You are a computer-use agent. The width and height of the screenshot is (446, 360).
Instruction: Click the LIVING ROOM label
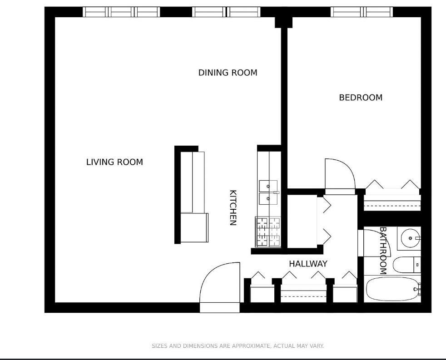114,162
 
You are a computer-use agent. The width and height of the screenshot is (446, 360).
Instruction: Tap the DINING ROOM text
228,73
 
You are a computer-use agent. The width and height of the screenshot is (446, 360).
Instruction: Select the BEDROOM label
361,98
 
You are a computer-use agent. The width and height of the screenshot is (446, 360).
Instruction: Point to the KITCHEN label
233,207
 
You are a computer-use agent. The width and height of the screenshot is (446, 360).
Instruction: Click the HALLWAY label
308,264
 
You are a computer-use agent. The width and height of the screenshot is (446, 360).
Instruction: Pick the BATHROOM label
383,251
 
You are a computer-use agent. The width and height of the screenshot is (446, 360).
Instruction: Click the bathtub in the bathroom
392,289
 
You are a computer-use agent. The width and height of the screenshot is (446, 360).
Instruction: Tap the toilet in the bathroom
407,265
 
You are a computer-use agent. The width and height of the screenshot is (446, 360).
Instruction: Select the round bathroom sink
410,238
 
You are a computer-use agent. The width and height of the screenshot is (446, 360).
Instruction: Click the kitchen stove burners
268,232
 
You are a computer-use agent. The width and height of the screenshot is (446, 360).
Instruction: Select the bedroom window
362,12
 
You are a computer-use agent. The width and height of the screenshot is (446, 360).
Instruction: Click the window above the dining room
226,12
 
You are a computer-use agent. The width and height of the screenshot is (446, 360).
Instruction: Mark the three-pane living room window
121,12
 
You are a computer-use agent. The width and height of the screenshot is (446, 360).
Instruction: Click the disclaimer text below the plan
238,346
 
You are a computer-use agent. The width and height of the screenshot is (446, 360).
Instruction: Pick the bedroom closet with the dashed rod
392,202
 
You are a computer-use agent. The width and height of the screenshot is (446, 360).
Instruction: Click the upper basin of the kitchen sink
268,186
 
